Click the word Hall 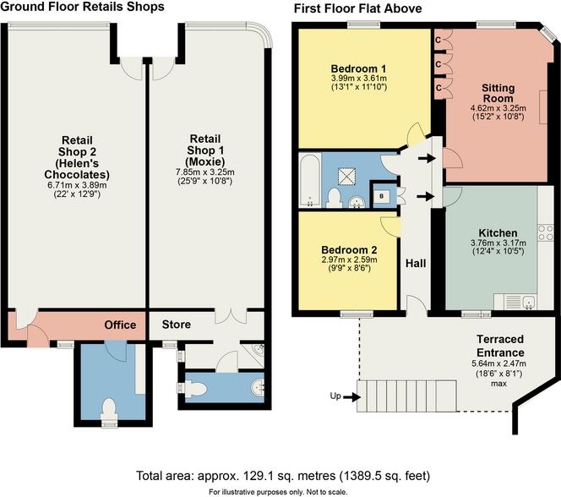(x=415, y=264)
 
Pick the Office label (x=120, y=325)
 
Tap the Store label (x=177, y=325)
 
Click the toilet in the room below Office (x=107, y=409)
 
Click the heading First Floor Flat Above (x=357, y=9)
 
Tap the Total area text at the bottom (x=280, y=475)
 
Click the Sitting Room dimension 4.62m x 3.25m (x=498, y=108)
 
